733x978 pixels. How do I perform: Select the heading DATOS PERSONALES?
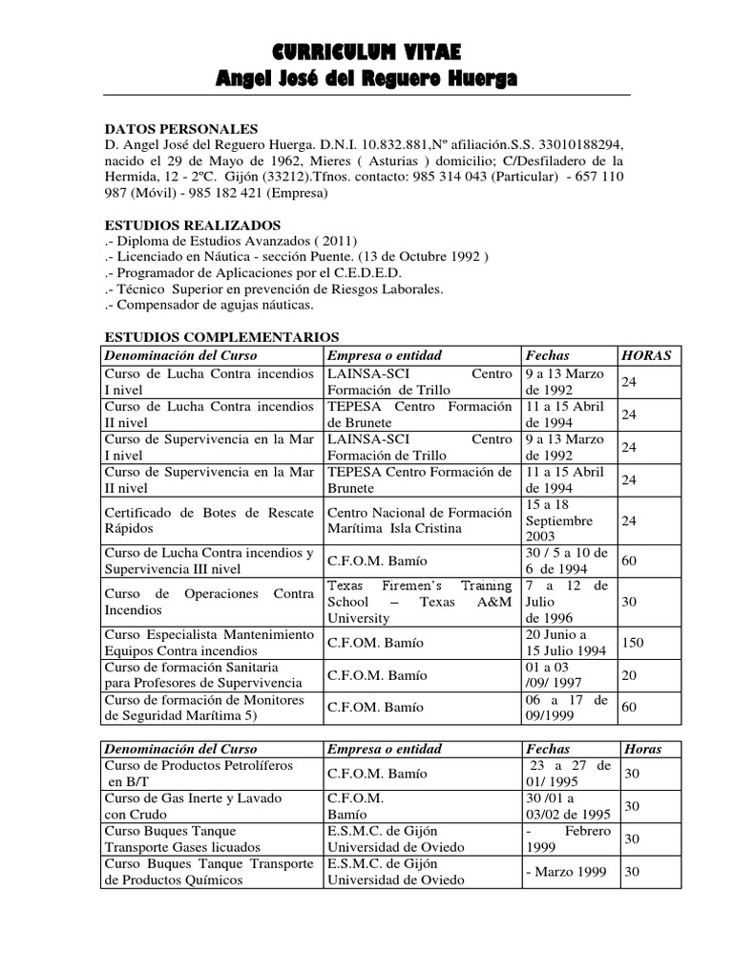tap(180, 129)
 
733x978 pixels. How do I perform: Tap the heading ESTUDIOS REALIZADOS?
tap(192, 224)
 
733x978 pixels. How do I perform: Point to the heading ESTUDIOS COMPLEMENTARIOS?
tap(221, 337)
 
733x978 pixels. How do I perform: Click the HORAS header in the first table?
tap(646, 355)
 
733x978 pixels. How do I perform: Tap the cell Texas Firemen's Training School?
tap(420, 602)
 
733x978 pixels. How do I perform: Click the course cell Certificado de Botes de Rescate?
tap(209, 521)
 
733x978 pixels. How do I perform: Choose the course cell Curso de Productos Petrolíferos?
tap(199, 774)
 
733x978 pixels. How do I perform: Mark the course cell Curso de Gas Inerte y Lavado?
tap(182, 806)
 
